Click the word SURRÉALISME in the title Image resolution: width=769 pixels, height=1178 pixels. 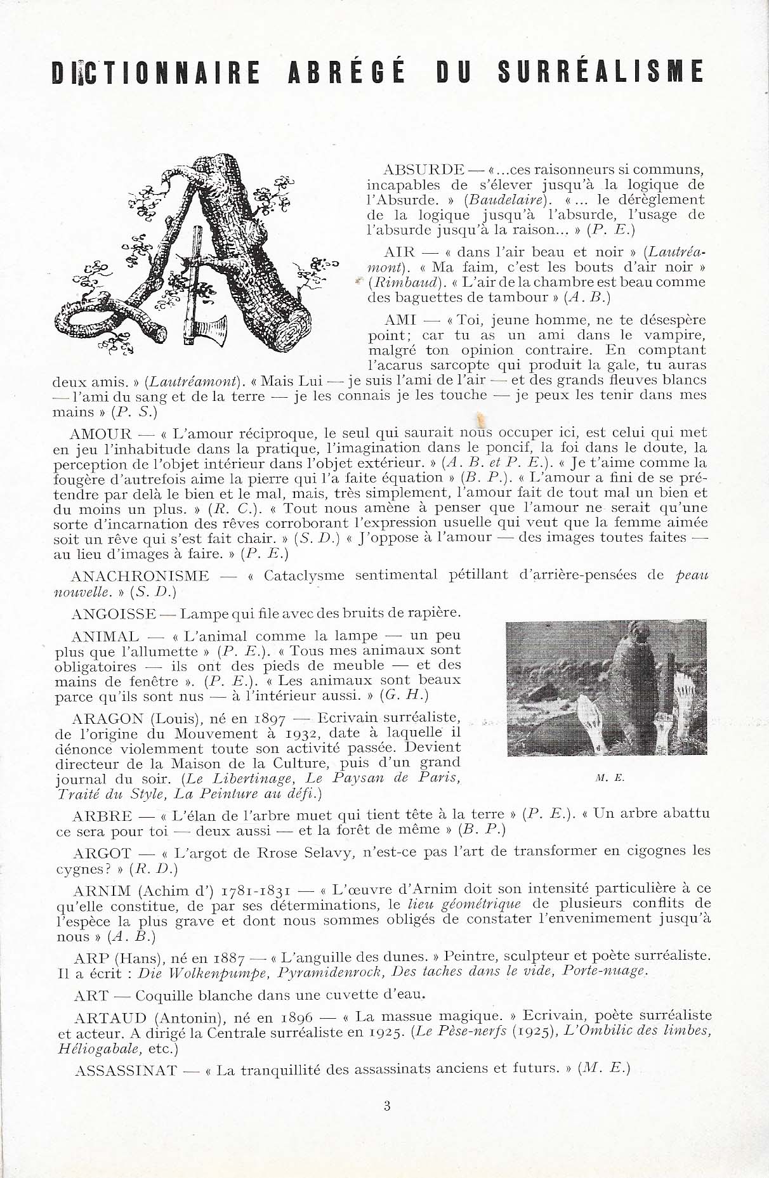600,72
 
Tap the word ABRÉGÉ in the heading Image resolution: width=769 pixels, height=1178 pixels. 346,72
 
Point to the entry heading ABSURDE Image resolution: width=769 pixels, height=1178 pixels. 424,170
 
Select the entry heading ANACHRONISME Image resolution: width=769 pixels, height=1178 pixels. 140,576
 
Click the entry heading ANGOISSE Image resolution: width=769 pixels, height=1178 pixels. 114,613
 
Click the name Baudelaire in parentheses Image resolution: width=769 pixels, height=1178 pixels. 501,200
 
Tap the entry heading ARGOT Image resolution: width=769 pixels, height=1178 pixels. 102,853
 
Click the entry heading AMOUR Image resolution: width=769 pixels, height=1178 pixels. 101,435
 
